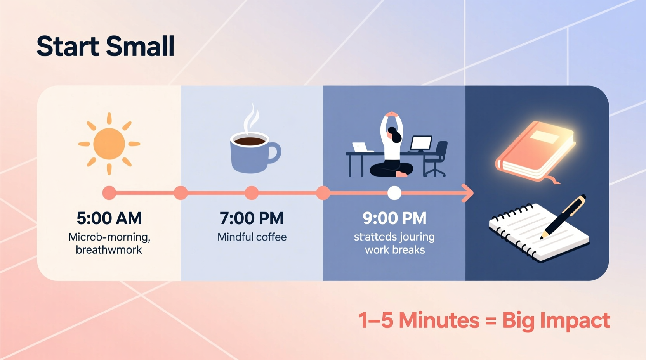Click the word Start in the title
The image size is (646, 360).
pos(68,47)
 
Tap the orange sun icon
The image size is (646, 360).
pos(109,144)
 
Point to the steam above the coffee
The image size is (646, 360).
pos(251,118)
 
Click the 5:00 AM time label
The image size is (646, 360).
pos(109,218)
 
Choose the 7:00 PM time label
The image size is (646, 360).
pos(252,218)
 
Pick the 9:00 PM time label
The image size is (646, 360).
pos(394,218)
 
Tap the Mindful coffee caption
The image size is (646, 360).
pos(252,237)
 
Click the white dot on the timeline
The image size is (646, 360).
pos(394,193)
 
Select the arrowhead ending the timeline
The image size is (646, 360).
pos(468,193)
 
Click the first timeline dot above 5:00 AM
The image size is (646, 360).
pos(109,193)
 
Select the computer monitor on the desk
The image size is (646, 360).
pos(421,143)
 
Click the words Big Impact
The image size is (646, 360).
pos(556,321)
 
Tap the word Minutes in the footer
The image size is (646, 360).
pos(439,321)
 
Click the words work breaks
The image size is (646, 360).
pos(394,250)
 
